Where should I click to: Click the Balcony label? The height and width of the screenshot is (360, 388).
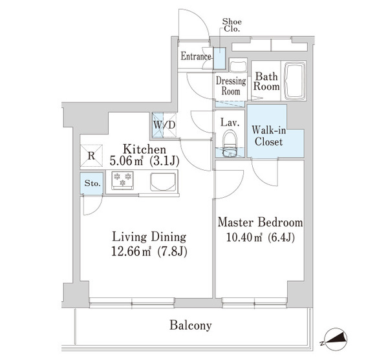[190, 326]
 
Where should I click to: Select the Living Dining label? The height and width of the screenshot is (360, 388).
[149, 237]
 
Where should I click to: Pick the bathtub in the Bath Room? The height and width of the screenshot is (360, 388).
[294, 81]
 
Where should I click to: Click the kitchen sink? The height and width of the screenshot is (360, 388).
[164, 182]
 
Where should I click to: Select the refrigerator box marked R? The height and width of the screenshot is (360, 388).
[91, 155]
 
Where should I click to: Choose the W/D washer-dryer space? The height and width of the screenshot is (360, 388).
[164, 125]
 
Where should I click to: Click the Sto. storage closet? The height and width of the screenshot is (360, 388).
[92, 184]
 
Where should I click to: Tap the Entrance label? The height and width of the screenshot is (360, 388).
[196, 57]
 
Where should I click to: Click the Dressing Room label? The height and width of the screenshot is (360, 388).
[231, 86]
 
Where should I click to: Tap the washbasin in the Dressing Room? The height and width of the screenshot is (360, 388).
[237, 66]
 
